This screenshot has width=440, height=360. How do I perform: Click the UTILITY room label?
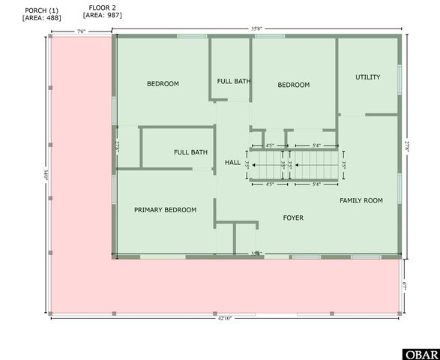(x=368, y=77)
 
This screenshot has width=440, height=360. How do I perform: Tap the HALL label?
(x=232, y=162)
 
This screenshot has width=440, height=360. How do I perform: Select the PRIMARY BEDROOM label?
(x=166, y=210)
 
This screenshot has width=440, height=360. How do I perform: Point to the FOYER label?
(x=293, y=218)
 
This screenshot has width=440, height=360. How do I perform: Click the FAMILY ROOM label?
(x=361, y=200)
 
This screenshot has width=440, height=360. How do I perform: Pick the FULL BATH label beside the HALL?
(x=190, y=152)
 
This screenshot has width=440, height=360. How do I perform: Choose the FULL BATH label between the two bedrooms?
(x=234, y=81)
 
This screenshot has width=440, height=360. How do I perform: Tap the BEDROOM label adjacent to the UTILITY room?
(x=294, y=85)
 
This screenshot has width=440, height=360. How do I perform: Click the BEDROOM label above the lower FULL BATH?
(x=163, y=84)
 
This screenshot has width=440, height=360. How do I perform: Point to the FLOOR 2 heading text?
(x=103, y=7)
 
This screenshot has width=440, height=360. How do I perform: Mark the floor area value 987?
(x=103, y=15)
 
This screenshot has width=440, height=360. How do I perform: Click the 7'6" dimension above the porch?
(x=81, y=31)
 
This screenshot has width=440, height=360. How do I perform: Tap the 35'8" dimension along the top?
(x=257, y=29)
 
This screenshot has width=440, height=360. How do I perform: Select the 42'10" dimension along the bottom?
(x=224, y=319)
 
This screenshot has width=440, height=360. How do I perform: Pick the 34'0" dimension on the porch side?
(x=46, y=176)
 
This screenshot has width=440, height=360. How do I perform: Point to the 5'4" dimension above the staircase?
(x=316, y=145)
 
